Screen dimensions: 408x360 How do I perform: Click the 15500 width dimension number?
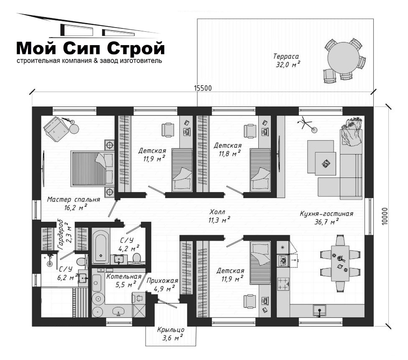coord(203,89)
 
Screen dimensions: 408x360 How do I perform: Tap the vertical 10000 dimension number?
coord(385,216)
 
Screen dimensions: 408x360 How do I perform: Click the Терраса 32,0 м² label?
coord(287,61)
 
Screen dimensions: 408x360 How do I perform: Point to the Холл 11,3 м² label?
coord(219,216)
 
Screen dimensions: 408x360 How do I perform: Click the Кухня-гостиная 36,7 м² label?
coord(326,218)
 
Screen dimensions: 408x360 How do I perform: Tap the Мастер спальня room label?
coord(74,200)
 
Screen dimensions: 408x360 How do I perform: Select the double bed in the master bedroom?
coord(92,168)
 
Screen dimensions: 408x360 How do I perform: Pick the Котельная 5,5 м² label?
coord(124,281)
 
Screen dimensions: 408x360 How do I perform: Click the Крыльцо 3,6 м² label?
coord(171,334)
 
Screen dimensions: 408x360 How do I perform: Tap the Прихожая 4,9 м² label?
coord(162,285)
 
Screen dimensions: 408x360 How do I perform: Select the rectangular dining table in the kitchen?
coord(340,263)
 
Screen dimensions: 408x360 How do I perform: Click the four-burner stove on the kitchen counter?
coord(283,284)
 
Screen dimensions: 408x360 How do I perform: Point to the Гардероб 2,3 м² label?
coord(65,234)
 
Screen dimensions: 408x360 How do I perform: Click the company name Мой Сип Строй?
coord(91,48)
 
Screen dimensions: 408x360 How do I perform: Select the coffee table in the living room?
coord(326,163)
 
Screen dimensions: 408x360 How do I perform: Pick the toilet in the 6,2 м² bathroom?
coord(82,261)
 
